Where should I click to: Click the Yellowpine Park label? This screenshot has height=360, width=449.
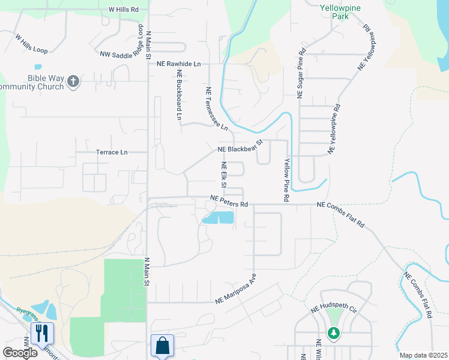pos(334,13)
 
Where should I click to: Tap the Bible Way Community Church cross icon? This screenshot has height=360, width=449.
pos(73,81)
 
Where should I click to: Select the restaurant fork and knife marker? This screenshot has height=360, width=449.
pos(42,333)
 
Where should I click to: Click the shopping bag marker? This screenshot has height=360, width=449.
pos(162,346)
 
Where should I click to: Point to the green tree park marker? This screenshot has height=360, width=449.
pos(333,332)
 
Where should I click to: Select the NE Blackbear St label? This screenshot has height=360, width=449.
pos(240,146)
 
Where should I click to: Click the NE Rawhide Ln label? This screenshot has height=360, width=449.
pos(179,63)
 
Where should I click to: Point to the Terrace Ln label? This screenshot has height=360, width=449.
pos(112,152)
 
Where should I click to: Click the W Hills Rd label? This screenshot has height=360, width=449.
pos(123,10)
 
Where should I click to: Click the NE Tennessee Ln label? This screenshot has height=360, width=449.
pos(216,109)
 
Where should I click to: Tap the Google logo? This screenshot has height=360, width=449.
pos(19,353)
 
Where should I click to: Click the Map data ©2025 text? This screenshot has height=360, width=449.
pos(423,355)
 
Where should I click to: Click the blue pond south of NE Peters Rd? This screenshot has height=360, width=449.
pos(218,218)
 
